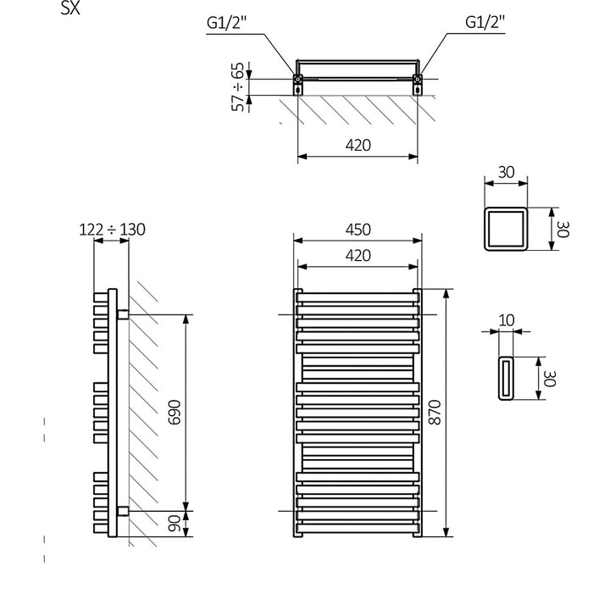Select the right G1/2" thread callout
[485, 24]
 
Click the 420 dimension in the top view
[358, 145]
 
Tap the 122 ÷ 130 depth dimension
[112, 229]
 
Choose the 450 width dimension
[358, 230]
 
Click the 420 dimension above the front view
[358, 255]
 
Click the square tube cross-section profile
[505, 228]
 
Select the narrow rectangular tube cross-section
[505, 377]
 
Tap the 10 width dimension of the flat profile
[507, 319]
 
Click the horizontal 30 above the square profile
[506, 172]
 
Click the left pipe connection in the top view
[299, 82]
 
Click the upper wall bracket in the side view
[123, 314]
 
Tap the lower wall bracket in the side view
[123, 510]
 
